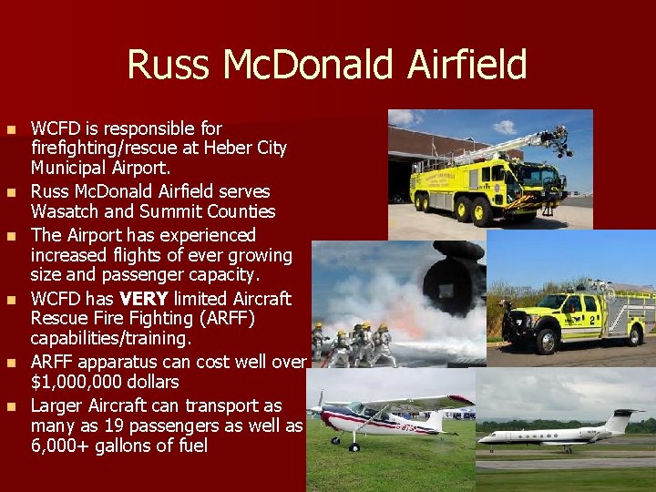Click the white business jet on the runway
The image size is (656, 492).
coord(556,434)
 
